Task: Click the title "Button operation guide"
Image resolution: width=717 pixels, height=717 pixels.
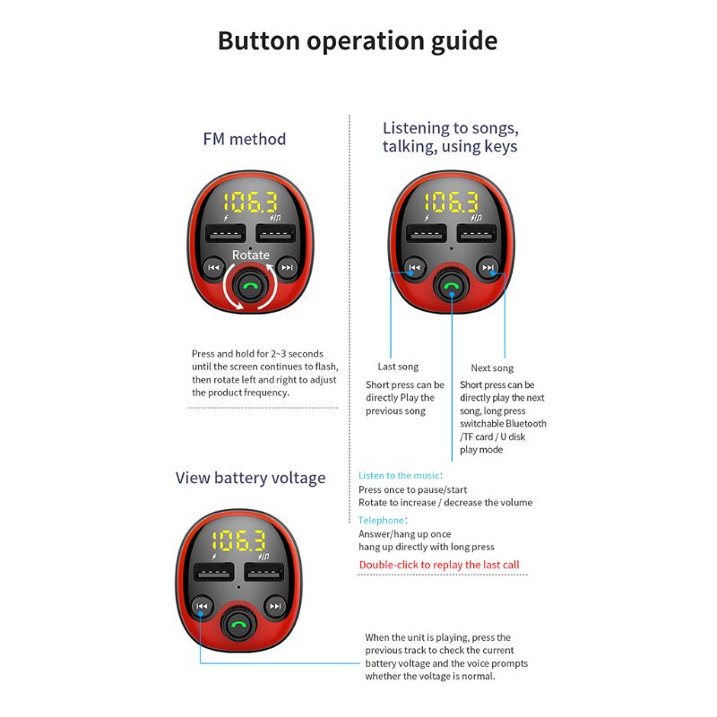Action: click(357, 41)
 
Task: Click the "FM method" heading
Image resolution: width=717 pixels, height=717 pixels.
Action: click(244, 139)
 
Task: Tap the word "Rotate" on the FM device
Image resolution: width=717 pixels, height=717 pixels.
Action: click(250, 255)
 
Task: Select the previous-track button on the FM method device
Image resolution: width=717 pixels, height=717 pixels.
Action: click(213, 267)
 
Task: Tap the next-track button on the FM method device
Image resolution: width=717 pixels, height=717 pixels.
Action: click(287, 267)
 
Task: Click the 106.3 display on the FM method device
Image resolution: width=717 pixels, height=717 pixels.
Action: click(250, 202)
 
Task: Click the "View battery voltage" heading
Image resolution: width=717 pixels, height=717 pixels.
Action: click(250, 478)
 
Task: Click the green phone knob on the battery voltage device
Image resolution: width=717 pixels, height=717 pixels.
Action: click(238, 626)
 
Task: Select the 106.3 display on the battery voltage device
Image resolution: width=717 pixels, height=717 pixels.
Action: click(238, 540)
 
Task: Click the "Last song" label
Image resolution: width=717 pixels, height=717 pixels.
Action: click(397, 367)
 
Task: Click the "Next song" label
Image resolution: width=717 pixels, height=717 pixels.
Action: click(492, 367)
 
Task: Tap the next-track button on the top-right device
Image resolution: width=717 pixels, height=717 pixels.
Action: click(488, 267)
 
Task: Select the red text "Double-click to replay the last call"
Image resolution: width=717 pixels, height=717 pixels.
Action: click(439, 565)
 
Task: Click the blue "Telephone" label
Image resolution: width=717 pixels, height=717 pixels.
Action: click(382, 520)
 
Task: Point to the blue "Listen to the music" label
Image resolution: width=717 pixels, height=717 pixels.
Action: click(399, 475)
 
